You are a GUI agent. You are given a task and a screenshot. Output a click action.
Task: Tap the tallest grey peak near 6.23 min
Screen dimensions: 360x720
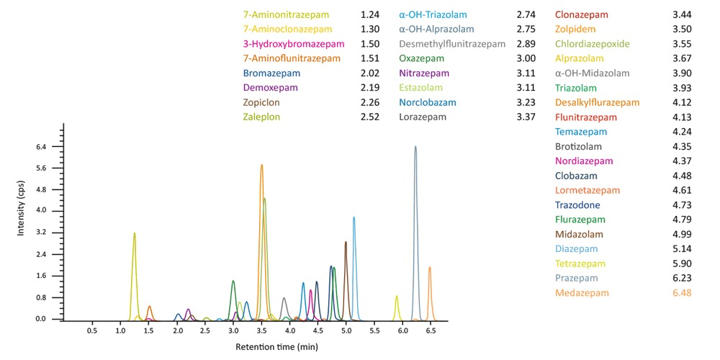415,148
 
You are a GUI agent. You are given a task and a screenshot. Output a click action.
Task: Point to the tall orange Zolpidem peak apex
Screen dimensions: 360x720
261,166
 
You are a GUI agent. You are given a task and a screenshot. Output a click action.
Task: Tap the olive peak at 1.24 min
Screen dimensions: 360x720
135,234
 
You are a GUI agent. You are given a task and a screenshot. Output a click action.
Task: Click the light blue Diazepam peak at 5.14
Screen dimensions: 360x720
354,218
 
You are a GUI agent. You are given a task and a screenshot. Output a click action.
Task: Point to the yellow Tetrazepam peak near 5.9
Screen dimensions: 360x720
397,297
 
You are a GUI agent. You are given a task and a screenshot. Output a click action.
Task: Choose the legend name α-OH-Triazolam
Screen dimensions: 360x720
433,15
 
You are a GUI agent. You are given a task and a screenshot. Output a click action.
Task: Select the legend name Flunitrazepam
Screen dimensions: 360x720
586,117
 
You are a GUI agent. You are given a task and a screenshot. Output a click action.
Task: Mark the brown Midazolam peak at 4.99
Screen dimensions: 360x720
346,243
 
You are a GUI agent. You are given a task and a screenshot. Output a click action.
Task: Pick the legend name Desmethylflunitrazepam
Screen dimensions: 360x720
452,44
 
